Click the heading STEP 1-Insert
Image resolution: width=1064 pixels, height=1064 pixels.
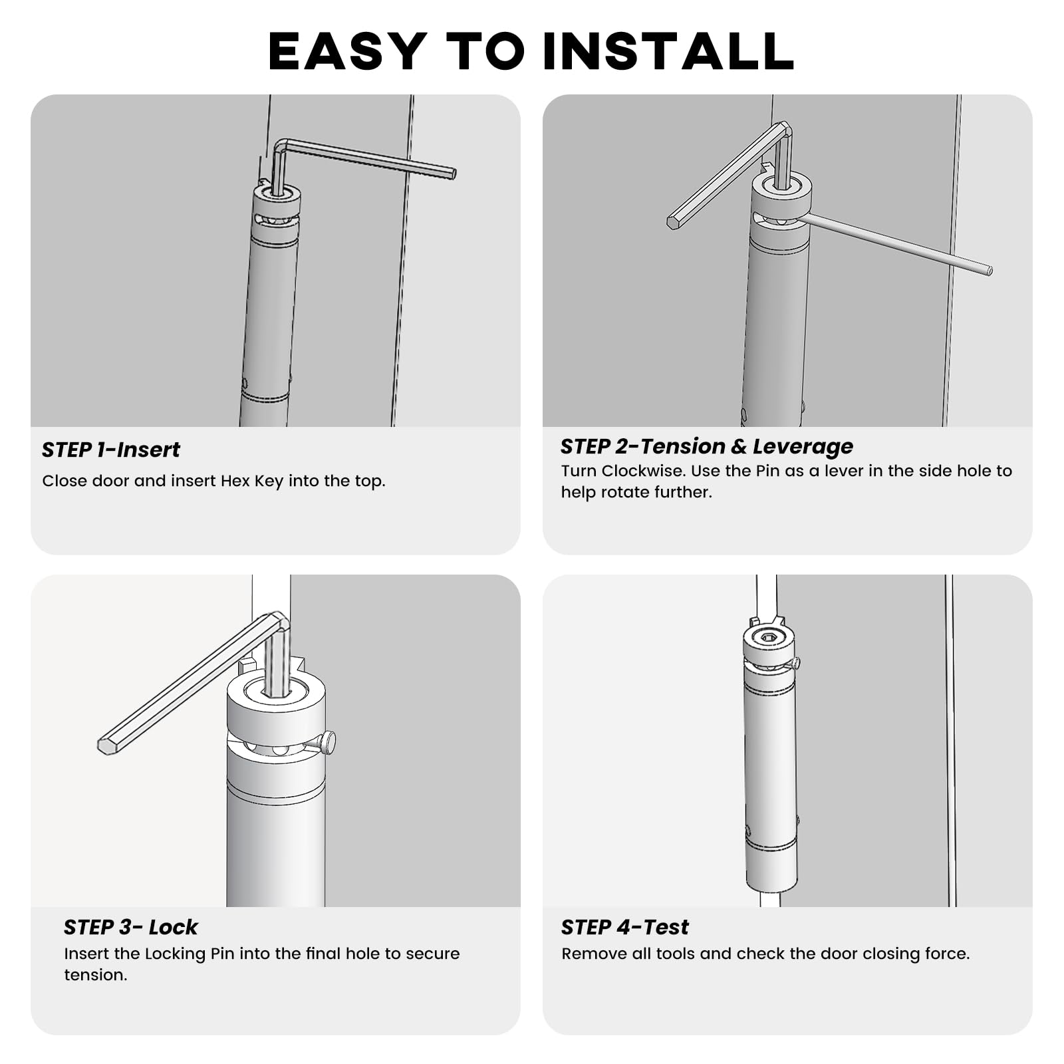point(111,450)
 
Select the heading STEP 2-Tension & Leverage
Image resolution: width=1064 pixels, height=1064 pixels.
point(706,447)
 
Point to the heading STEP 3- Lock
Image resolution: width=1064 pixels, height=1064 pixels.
point(130,927)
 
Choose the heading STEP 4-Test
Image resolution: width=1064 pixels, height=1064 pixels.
point(624,927)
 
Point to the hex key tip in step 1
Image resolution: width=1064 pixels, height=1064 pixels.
point(453,174)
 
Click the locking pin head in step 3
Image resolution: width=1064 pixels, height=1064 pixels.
point(328,742)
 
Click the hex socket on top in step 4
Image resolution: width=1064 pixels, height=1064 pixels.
point(769,638)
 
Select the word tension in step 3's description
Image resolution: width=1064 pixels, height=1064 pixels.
point(94,975)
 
